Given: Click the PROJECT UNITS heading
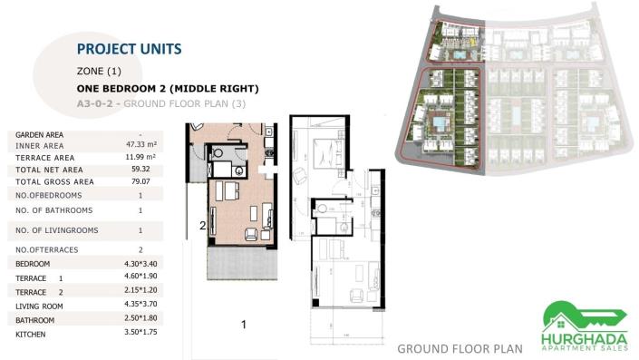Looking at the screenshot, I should [x=129, y=49].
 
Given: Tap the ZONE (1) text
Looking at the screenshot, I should [x=100, y=71].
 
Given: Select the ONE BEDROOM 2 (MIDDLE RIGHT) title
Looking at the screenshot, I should [x=169, y=89].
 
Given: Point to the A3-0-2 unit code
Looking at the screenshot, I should [x=97, y=104].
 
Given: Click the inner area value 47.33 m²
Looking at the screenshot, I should [x=140, y=144].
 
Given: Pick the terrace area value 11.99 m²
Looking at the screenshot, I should [x=140, y=157].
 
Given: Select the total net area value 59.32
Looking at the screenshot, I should [x=140, y=169].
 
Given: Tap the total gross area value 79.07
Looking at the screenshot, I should [x=140, y=181].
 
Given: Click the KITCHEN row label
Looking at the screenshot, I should [x=31, y=335].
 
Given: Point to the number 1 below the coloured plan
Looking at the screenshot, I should [x=244, y=324].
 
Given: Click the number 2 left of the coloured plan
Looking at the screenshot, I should [x=203, y=225].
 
